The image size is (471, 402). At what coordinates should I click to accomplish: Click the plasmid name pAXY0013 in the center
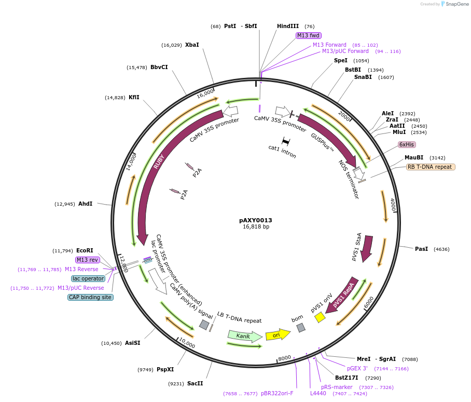point(256,220)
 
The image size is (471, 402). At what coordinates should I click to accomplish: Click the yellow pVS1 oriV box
point(320,317)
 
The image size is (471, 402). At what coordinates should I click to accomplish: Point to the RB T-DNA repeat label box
point(431,167)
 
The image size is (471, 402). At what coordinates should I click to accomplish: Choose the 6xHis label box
point(407,144)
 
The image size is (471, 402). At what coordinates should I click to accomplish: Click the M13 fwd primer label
point(308,35)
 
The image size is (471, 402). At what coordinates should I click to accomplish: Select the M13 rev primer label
point(87,260)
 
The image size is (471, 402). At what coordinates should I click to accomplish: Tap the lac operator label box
point(88,278)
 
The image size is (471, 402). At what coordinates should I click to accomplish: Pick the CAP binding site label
point(90,297)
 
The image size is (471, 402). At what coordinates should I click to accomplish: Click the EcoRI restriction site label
point(85,250)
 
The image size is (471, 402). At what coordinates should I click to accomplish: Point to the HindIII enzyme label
point(288,26)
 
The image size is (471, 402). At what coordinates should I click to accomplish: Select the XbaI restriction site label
point(192,45)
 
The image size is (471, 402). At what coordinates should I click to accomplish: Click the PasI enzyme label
point(421,249)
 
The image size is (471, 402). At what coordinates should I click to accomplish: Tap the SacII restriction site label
point(195,383)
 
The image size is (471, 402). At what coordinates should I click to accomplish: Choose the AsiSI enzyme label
point(133,343)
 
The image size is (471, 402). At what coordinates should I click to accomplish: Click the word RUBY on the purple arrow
point(159,162)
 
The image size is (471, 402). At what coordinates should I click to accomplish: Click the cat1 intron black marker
point(285,141)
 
